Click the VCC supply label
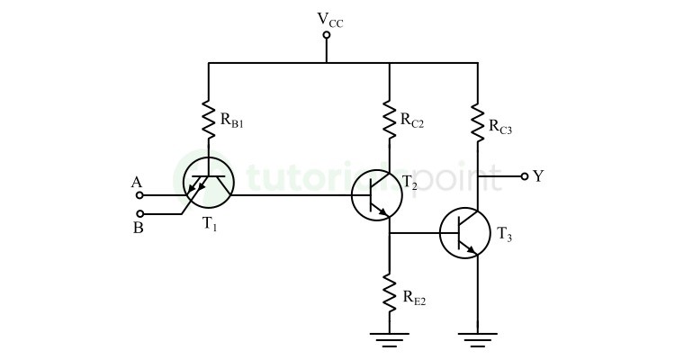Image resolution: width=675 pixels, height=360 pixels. (x=330, y=19)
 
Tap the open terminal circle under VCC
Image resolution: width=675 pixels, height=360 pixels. (x=327, y=35)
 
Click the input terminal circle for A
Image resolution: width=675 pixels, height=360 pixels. (x=138, y=194)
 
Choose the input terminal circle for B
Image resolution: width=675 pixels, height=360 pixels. (x=138, y=214)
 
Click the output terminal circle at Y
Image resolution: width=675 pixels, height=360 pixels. (x=524, y=177)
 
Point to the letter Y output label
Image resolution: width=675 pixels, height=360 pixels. (x=538, y=176)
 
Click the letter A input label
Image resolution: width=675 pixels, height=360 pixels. (x=137, y=183)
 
